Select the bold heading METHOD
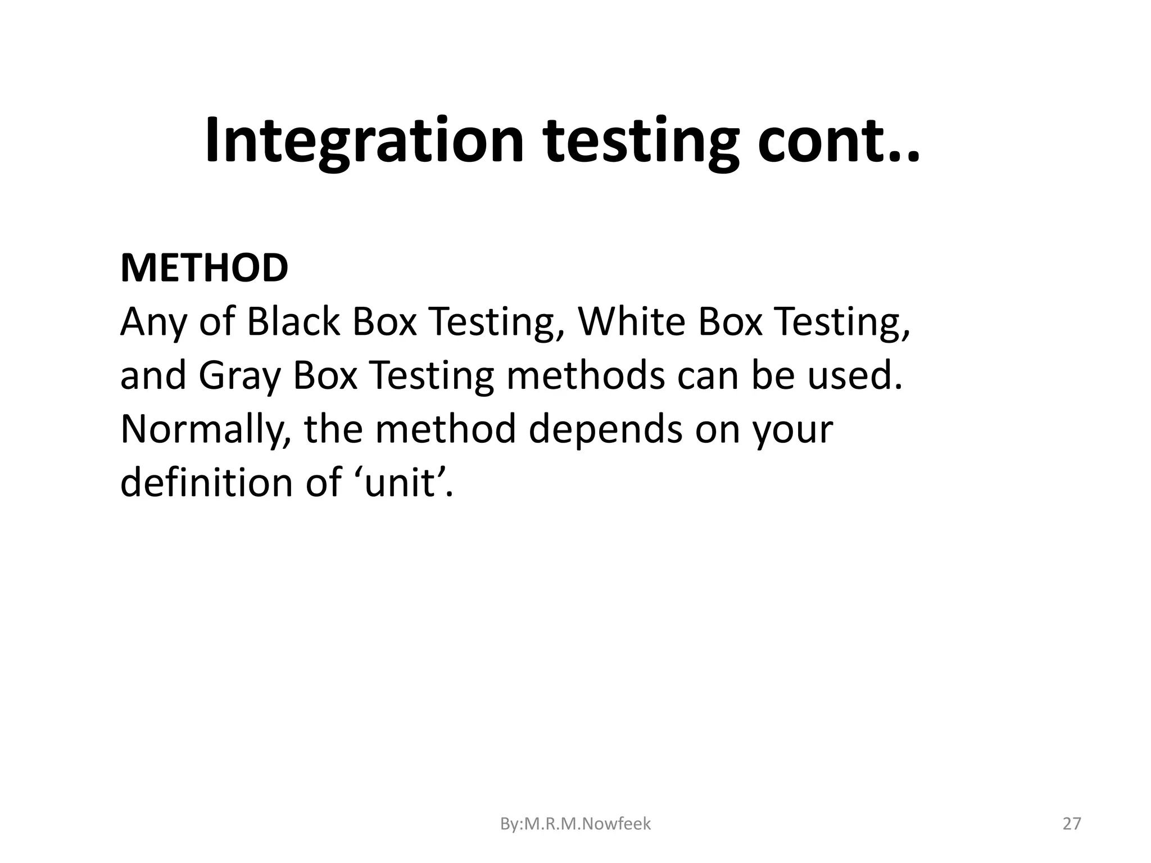[x=204, y=268]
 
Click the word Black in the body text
[x=293, y=322]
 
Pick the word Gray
[x=239, y=376]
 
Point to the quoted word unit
[x=399, y=482]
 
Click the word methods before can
[x=585, y=376]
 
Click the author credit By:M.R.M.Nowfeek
[x=575, y=824]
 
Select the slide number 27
[x=1072, y=824]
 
